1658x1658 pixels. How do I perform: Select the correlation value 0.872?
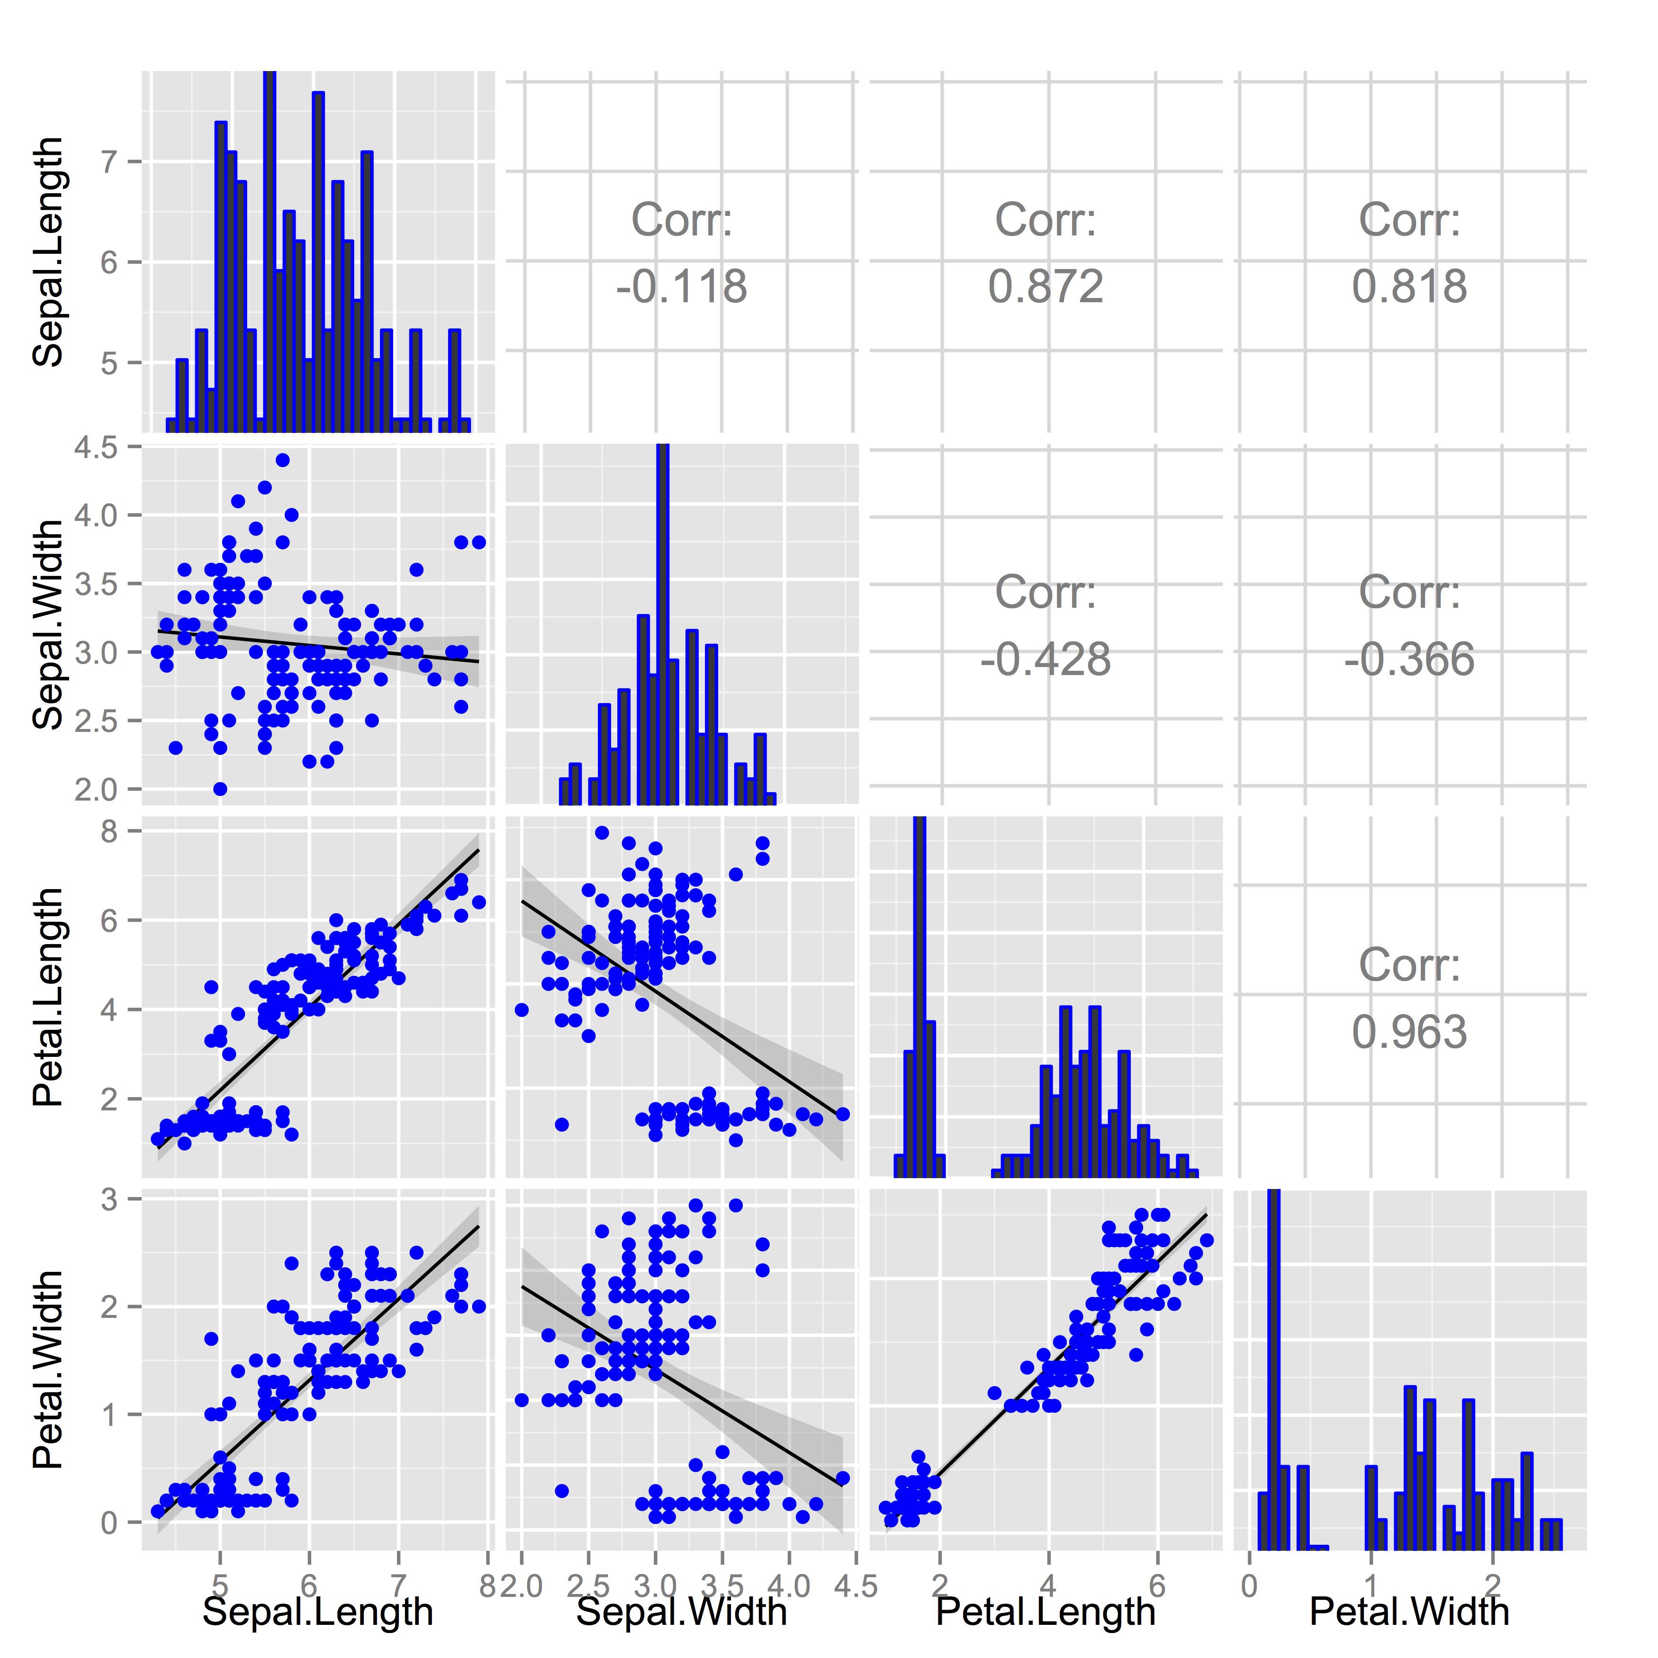pyautogui.click(x=1045, y=287)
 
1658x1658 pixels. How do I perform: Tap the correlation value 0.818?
pyautogui.click(x=1409, y=287)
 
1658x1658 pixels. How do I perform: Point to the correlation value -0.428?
pyautogui.click(x=1045, y=659)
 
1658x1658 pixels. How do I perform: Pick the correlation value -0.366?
pyautogui.click(x=1409, y=659)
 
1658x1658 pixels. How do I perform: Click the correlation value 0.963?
pyautogui.click(x=1409, y=1032)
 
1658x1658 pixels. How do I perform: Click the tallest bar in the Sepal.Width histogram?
pyautogui.click(x=662, y=626)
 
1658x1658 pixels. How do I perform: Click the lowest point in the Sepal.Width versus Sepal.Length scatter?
pyautogui.click(x=220, y=789)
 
